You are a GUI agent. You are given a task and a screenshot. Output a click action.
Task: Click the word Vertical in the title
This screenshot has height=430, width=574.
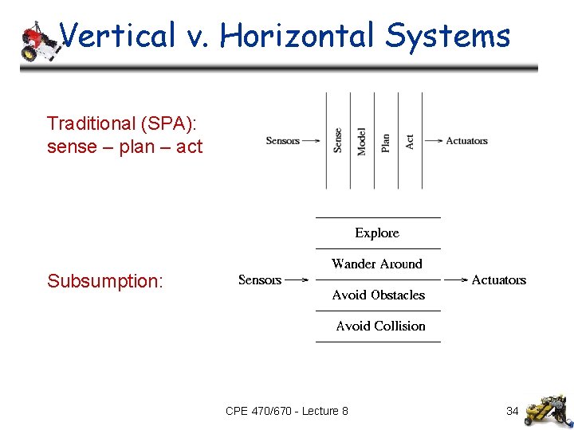pyautogui.click(x=117, y=36)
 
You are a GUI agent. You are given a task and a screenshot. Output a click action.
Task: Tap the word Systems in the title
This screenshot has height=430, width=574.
pyautogui.click(x=448, y=36)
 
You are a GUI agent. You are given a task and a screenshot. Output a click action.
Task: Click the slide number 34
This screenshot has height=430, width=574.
pyautogui.click(x=513, y=411)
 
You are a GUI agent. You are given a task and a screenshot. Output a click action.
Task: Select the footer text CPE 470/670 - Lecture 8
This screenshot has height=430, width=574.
pyautogui.click(x=287, y=411)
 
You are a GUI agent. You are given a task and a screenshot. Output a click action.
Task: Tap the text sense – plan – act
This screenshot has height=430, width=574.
pyautogui.click(x=125, y=147)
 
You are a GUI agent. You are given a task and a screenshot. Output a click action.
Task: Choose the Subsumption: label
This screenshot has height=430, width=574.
pyautogui.click(x=105, y=281)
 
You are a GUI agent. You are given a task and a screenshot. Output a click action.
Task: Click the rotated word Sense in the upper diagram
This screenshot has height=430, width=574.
pyautogui.click(x=338, y=141)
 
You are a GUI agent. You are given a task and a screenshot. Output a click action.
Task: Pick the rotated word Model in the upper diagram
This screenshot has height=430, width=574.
pyautogui.click(x=362, y=141)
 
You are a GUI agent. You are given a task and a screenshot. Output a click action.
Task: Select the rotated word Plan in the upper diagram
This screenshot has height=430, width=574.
pyautogui.click(x=386, y=142)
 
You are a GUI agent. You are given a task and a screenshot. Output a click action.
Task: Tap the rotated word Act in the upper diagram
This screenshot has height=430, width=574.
pyautogui.click(x=410, y=141)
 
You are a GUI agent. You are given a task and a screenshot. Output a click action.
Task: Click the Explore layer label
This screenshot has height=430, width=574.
pyautogui.click(x=377, y=233)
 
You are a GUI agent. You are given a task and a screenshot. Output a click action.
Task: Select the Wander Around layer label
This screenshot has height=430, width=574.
pyautogui.click(x=377, y=264)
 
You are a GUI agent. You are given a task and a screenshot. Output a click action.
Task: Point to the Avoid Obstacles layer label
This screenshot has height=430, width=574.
pyautogui.click(x=379, y=295)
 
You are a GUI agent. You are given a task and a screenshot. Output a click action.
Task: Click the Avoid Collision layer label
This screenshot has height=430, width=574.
pyautogui.click(x=380, y=326)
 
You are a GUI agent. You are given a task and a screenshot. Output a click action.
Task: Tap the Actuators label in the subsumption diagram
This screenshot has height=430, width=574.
pyautogui.click(x=499, y=279)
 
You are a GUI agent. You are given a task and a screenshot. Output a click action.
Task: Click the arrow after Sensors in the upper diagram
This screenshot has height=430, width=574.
pyautogui.click(x=313, y=141)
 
